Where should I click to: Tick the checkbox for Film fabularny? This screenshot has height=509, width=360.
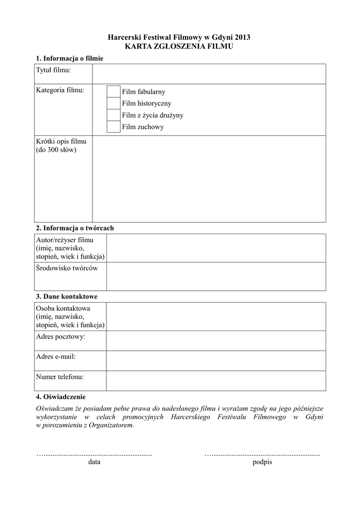[113, 91]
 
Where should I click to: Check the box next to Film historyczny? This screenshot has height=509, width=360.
[113, 103]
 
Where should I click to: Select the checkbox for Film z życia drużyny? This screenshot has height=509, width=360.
[113, 115]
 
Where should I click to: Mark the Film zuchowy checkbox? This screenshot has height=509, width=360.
[113, 127]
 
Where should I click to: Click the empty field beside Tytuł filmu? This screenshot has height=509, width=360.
[209, 74]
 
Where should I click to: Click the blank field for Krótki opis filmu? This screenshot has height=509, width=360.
[209, 178]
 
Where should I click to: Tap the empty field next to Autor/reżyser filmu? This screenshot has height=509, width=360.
[216, 248]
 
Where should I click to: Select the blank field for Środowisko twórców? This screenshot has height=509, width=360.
[216, 276]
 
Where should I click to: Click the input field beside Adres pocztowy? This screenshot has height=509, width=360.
[216, 341]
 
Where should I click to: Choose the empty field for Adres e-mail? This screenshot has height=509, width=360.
[216, 361]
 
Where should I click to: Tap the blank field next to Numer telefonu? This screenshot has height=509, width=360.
[216, 381]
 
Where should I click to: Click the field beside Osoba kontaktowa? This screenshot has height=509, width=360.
[216, 317]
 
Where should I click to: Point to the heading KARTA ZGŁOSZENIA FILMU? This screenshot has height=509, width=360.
[180, 46]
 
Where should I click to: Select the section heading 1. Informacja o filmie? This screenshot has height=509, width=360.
[70, 59]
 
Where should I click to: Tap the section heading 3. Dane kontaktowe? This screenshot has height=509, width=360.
[67, 297]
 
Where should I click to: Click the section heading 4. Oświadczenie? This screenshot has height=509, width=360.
[61, 397]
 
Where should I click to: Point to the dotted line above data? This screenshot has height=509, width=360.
[94, 454]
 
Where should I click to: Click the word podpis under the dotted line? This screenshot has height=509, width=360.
[263, 462]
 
